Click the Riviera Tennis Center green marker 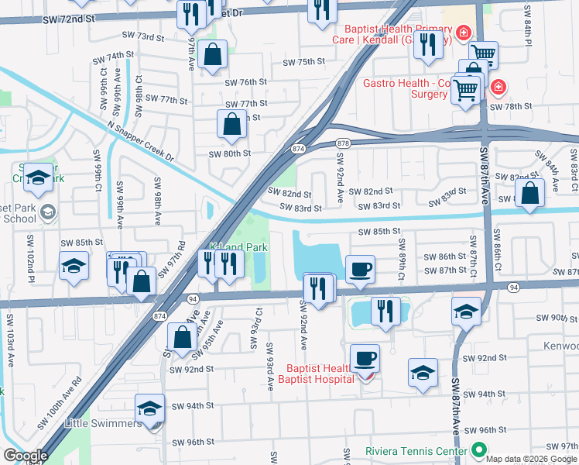tap(478, 449)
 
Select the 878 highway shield tap(344, 143)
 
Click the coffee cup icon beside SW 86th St tap(361, 270)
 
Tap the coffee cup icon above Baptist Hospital tap(365, 359)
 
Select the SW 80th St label tap(229, 153)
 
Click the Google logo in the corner tap(25, 455)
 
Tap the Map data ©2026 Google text tap(531, 459)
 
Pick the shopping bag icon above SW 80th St tap(232, 123)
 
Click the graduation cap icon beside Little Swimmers tap(149, 408)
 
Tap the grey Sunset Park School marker tap(47, 212)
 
